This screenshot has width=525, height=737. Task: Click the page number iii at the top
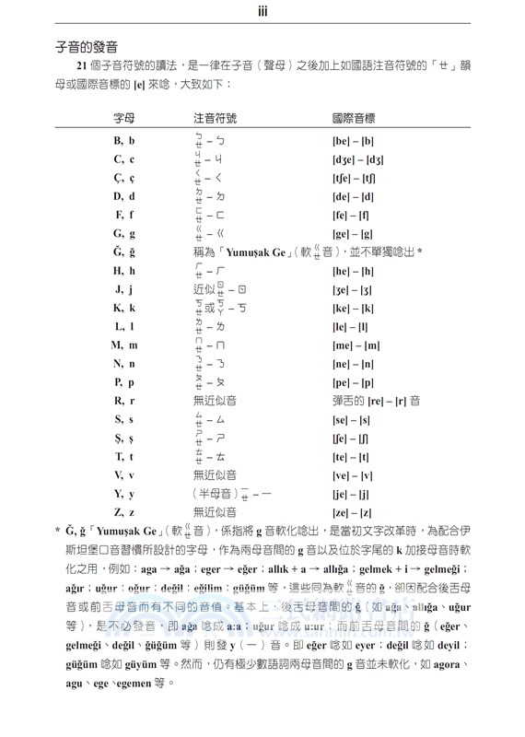[262, 11]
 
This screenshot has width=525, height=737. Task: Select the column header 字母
[124, 119]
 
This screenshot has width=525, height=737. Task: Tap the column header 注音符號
[216, 119]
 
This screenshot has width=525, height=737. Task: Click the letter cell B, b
[124, 140]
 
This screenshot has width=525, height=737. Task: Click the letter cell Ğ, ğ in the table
[124, 252]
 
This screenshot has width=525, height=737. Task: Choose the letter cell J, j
[124, 288]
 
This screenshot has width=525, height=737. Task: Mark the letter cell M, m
[124, 345]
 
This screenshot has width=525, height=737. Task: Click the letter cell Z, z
[124, 511]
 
